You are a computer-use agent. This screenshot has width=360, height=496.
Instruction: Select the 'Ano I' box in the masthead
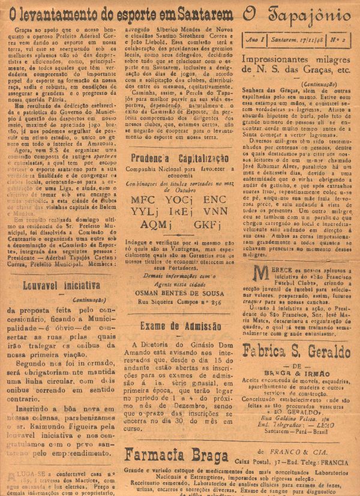click(255, 37)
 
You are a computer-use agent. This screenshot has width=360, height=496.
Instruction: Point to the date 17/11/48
click(297, 37)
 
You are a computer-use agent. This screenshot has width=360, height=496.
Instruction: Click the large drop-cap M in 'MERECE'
click(260, 274)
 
